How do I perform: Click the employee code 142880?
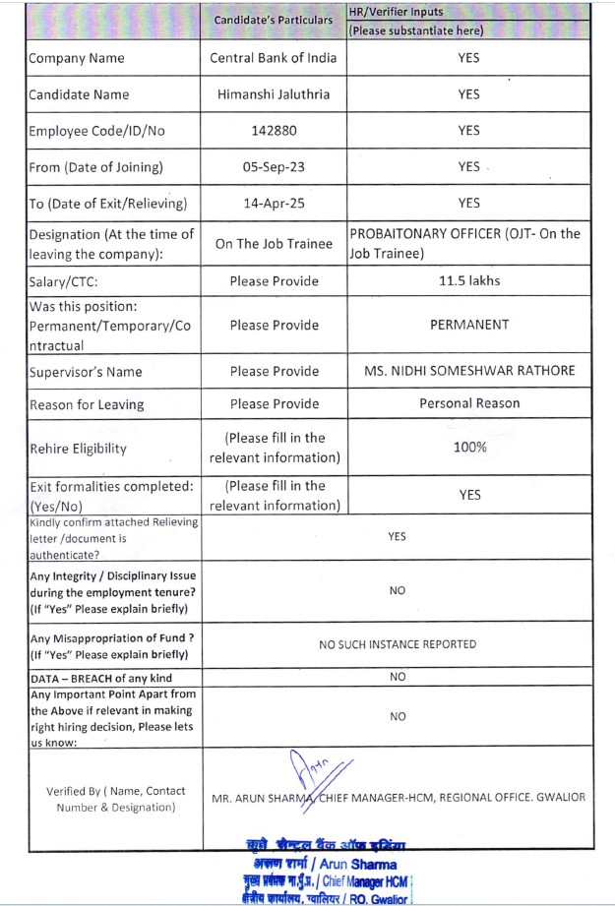(x=274, y=131)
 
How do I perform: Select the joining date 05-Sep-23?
(x=274, y=167)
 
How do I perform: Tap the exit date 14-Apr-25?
(x=274, y=204)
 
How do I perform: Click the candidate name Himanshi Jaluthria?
(x=274, y=94)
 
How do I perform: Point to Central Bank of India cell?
(x=274, y=58)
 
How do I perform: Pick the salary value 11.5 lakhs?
(x=469, y=281)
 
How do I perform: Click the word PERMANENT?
(x=469, y=325)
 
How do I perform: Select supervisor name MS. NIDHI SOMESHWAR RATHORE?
(x=469, y=372)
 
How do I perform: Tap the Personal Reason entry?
(x=469, y=404)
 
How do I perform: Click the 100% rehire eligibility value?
(x=469, y=448)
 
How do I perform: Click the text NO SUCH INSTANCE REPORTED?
(x=398, y=644)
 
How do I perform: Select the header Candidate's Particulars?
(x=274, y=21)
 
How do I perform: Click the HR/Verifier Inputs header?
(x=397, y=12)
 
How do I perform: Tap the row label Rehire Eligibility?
(x=78, y=449)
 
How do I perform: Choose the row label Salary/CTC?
(x=65, y=282)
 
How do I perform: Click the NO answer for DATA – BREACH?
(x=398, y=677)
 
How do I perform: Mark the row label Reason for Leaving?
(x=87, y=405)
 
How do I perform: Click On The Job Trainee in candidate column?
(x=274, y=244)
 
